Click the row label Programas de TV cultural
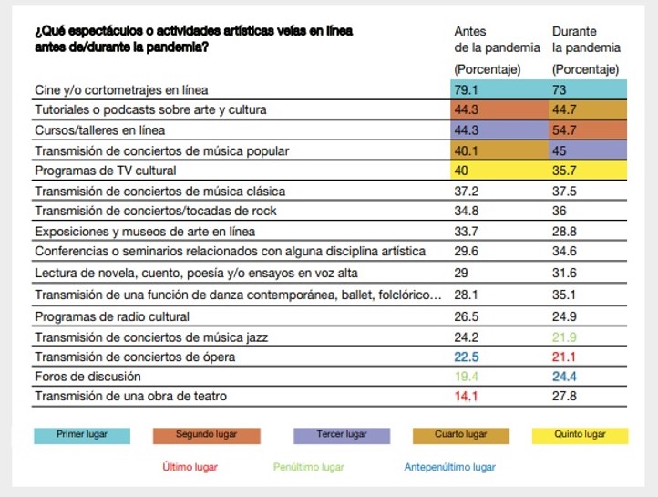coord(105,171)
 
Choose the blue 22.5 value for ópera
coord(466,357)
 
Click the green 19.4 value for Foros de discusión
coord(466,376)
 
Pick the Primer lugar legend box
coord(82,435)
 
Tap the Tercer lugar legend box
coord(342,435)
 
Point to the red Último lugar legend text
coord(190,467)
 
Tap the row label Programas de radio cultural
coord(111,316)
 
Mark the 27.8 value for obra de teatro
coord(565,396)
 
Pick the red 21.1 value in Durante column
coord(565,357)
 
